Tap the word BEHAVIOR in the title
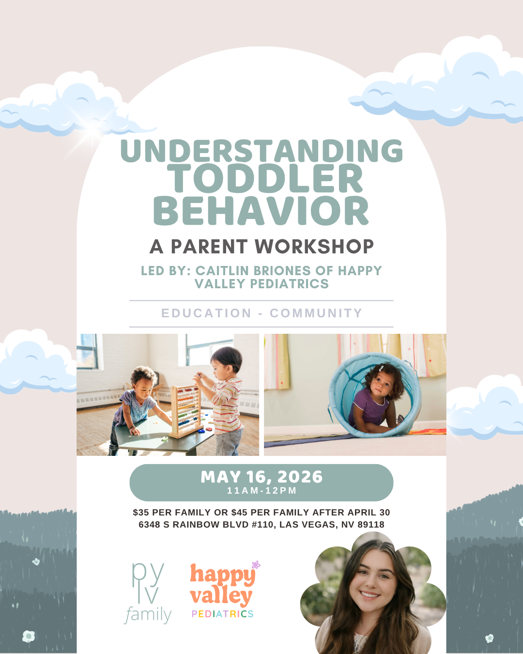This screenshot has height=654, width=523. coord(261,211)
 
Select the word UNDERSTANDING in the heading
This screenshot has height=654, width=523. coord(261,151)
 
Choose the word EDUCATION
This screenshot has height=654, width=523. coord(206,313)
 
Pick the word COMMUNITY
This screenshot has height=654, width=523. coord(316,313)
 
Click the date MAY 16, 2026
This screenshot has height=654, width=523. coord(261,477)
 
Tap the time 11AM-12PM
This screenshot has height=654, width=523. coord(261,491)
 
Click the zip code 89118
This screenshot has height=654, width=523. coord(370,525)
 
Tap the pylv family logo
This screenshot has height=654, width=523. coord(148,592)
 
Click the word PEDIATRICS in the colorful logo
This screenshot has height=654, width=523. coord(222,614)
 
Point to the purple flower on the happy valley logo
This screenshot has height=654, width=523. coord(256,564)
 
